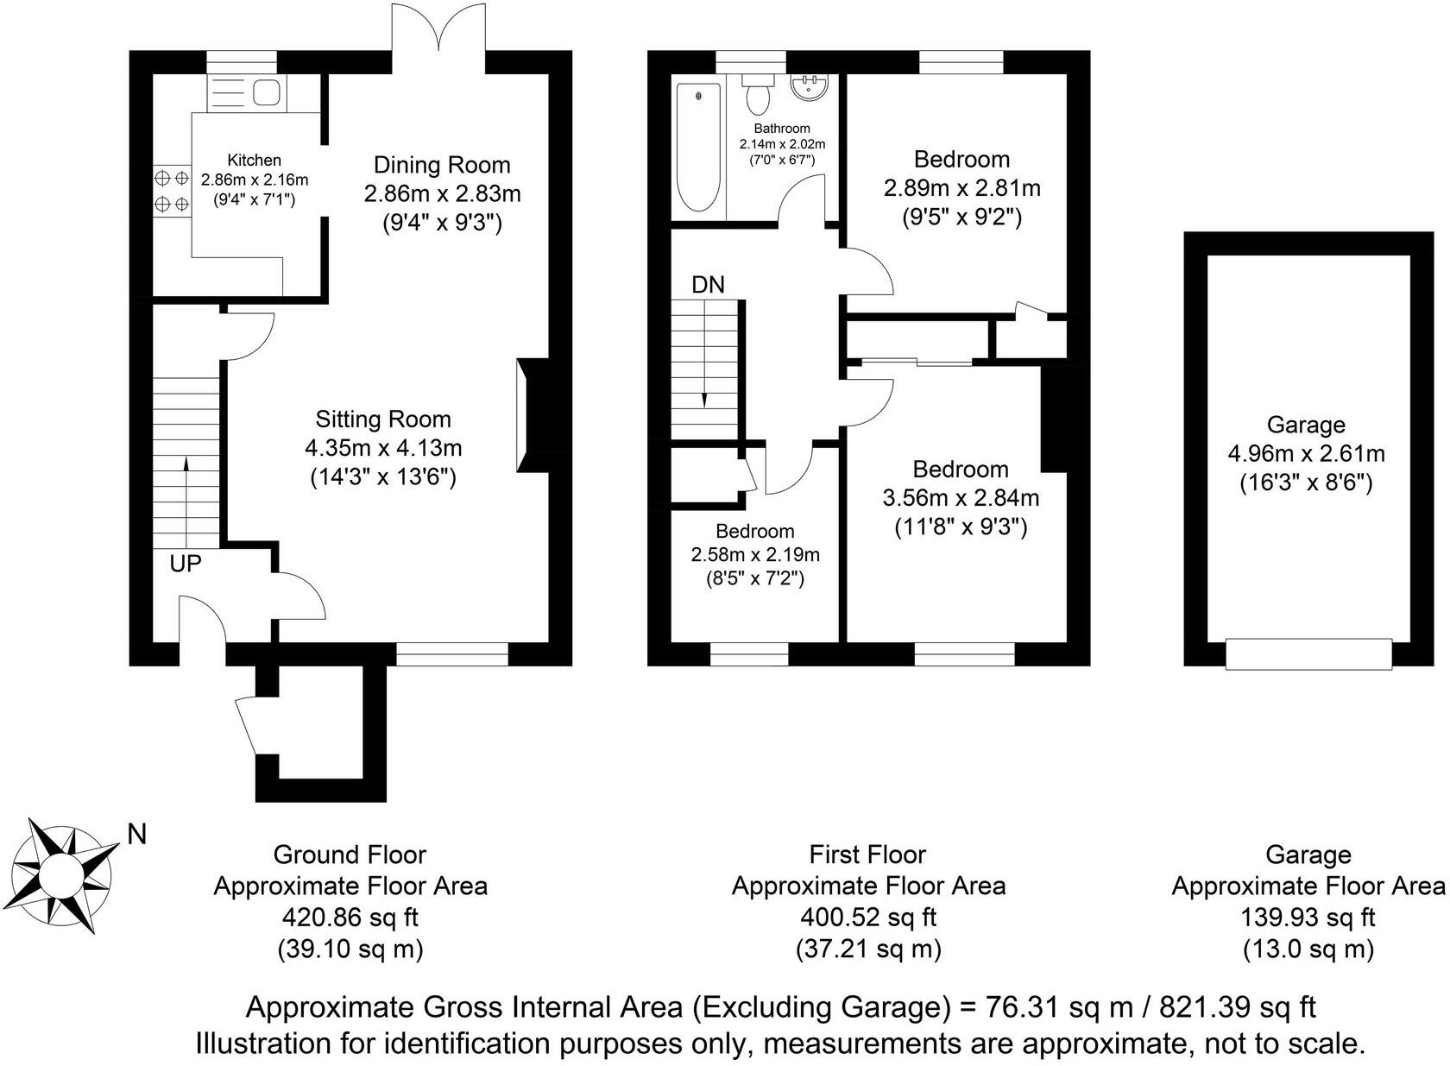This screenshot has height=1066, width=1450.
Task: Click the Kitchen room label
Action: tap(254, 161)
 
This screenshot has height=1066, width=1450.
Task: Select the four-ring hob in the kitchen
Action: tap(171, 192)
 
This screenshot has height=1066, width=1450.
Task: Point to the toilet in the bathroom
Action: tap(758, 95)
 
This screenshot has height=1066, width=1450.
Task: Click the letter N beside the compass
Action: tap(136, 834)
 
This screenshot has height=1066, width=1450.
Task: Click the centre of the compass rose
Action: tap(63, 874)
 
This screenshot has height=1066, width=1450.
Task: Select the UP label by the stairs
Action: tap(186, 564)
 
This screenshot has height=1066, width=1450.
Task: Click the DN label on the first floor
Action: tap(708, 284)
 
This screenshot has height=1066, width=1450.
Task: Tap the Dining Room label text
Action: tap(442, 165)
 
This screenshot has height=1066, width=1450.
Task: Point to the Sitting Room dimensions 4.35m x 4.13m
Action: tap(383, 448)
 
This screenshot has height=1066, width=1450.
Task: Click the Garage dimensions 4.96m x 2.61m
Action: tap(1306, 453)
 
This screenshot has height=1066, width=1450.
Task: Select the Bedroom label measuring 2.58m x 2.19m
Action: tap(754, 531)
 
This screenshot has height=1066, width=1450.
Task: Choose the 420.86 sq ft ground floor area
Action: tap(350, 918)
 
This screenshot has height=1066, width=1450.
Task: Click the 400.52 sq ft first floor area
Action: tap(867, 918)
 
